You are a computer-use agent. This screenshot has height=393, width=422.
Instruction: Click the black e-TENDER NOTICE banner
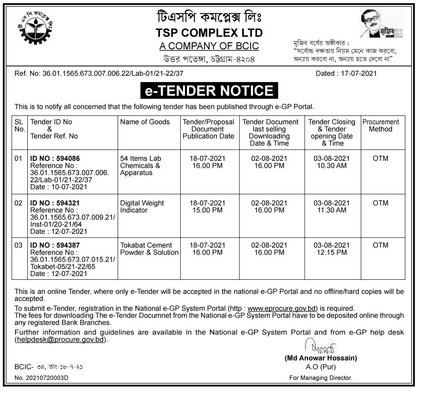pyautogui.click(x=209, y=91)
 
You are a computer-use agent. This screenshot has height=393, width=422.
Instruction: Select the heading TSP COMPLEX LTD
pyautogui.click(x=209, y=33)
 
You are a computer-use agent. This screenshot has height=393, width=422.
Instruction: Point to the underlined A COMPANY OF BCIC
pyautogui.click(x=209, y=46)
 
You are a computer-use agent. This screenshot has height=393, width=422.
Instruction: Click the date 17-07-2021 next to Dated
pyautogui.click(x=359, y=74)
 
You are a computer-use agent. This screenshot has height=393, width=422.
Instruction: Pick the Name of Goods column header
pyautogui.click(x=145, y=122)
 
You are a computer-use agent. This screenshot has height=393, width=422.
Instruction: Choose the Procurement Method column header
pyautogui.click(x=380, y=126)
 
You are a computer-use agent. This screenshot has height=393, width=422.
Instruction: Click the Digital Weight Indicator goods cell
pyautogui.click(x=142, y=207)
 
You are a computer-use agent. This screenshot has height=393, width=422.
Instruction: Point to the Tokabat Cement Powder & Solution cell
pyautogui.click(x=149, y=249)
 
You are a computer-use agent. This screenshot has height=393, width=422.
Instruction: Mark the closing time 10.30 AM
pyautogui.click(x=332, y=166)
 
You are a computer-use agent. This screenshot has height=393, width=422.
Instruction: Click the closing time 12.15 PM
pyautogui.click(x=332, y=252)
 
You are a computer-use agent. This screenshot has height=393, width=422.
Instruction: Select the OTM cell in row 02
pyautogui.click(x=380, y=203)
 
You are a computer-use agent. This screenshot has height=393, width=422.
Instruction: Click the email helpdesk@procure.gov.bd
pyautogui.click(x=61, y=340)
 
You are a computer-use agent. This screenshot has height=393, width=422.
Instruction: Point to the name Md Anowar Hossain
pyautogui.click(x=321, y=358)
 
